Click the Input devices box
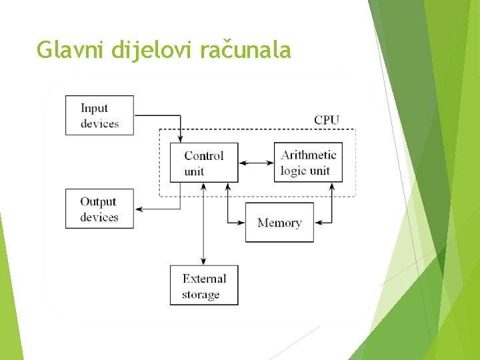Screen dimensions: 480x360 pos(99,115)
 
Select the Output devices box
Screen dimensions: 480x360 pos(99,209)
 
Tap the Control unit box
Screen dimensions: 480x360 pos(204,162)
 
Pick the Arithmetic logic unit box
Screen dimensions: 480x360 pos(308,162)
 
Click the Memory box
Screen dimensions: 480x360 pos(279,223)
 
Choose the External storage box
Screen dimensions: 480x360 pos(204,286)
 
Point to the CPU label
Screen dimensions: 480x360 pos(327,120)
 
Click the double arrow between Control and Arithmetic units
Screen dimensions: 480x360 pos(256,162)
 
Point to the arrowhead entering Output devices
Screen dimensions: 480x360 pos(139,209)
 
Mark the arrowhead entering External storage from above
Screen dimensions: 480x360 pos(203,261)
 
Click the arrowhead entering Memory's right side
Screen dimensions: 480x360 pos(317,222)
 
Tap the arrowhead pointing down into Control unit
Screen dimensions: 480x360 pos(180,139)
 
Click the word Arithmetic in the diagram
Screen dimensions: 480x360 pos(308,155)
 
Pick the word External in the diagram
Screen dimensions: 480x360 pos(204,279)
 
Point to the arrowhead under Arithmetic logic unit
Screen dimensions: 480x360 pos(331,186)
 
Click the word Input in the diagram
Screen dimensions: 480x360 pos(94,108)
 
